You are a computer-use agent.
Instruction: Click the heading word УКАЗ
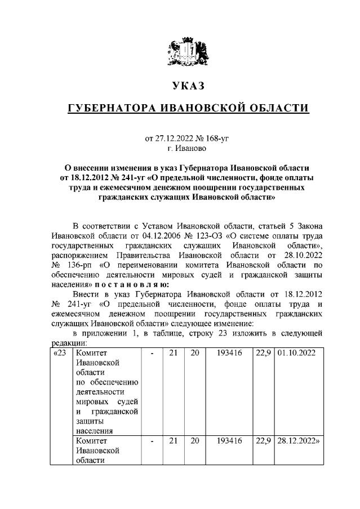(x=187, y=86)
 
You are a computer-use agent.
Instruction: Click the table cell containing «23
(x=60, y=353)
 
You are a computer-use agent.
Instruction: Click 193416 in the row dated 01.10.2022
(x=229, y=353)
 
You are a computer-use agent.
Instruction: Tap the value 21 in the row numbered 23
(x=174, y=353)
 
